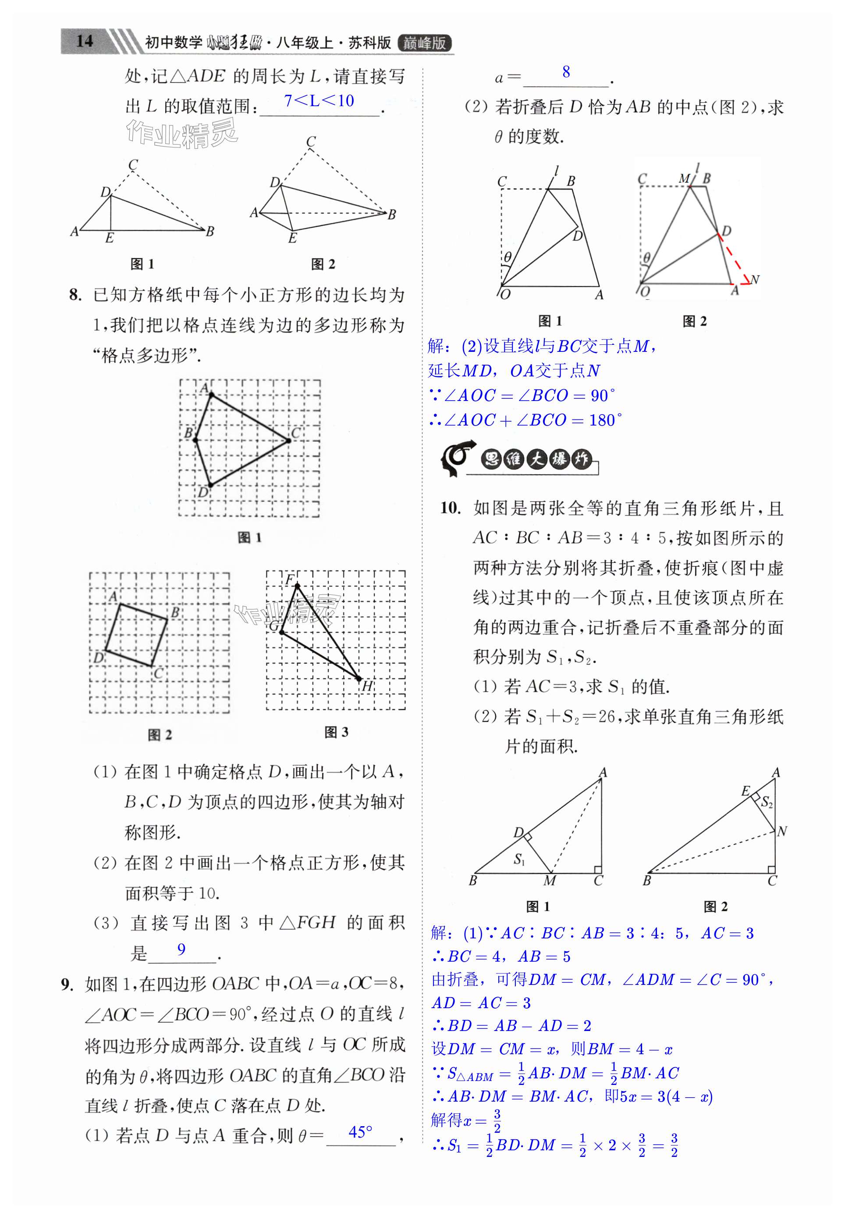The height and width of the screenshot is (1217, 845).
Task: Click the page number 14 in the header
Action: tap(85, 41)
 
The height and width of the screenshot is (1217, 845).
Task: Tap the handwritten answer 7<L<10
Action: tap(319, 100)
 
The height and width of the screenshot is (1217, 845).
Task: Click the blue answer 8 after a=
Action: tap(566, 72)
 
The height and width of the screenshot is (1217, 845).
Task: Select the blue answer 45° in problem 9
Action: tap(361, 1132)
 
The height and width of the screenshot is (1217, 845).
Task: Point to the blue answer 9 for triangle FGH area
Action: tap(181, 949)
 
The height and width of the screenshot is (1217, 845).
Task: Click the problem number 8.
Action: tap(76, 295)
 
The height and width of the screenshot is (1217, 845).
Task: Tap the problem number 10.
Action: tap(451, 508)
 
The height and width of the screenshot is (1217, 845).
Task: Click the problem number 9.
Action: tap(67, 984)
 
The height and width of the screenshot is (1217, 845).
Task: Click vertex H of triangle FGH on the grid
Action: tap(359, 679)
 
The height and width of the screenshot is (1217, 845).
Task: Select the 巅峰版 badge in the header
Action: tap(425, 43)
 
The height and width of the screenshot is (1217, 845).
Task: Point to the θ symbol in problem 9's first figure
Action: tap(508, 258)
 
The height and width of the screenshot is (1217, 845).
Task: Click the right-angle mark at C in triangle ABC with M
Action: tap(598, 870)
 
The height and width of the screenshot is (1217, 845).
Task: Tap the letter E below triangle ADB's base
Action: tap(110, 238)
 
